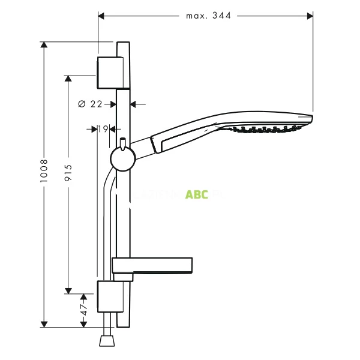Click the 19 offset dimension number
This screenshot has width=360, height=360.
click(x=103, y=128)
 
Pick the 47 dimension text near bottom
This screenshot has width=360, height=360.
click(x=83, y=310)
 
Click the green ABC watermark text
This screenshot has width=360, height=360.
click(x=197, y=194)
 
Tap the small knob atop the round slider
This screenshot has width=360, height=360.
click(x=122, y=143)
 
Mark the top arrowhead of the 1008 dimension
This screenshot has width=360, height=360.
click(x=43, y=44)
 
